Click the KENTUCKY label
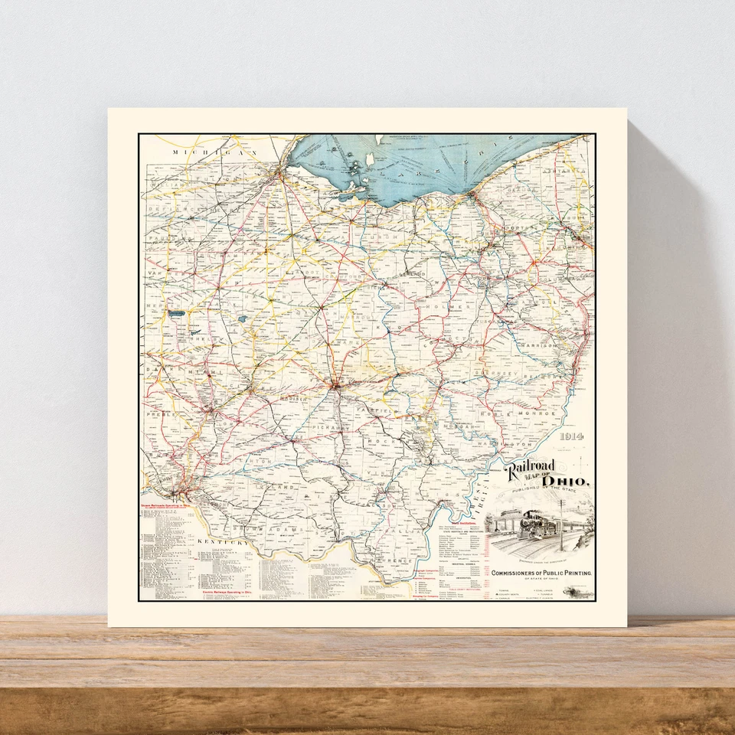223,542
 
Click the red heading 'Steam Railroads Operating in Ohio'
169,506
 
